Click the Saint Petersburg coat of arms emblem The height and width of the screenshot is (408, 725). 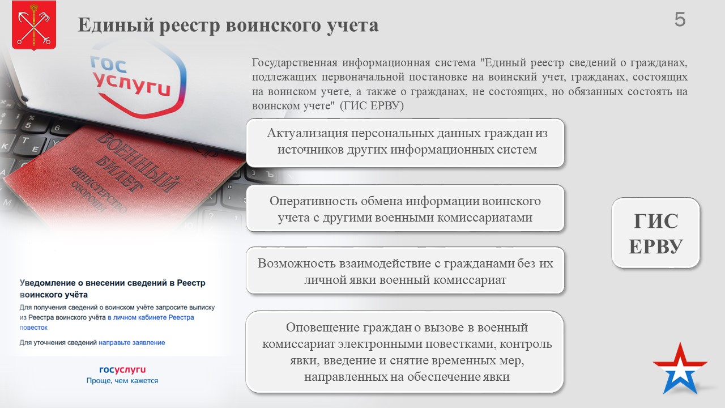point(34,25)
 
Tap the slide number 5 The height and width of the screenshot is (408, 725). point(680,20)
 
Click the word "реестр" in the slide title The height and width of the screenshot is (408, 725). point(189,25)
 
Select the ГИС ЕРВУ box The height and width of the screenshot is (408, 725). point(656,233)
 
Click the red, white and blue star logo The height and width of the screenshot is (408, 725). point(680,368)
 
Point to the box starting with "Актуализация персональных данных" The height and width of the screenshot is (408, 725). point(405,143)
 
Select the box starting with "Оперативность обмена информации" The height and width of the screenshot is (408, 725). point(405,208)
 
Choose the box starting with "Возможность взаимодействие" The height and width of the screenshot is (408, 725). point(405,271)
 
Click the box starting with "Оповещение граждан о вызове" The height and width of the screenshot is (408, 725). point(404,352)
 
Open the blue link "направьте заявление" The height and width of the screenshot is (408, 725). point(132,343)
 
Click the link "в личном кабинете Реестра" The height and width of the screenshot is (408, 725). point(151,317)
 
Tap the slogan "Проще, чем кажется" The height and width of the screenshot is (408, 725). point(122,381)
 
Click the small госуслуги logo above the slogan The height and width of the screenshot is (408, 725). point(122,370)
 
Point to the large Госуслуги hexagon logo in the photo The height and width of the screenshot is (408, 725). point(136,81)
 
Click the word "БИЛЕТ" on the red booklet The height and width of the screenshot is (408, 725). point(119,174)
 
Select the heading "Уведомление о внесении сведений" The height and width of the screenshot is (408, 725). point(112,288)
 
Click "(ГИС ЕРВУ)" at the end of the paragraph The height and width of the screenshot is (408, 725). point(372,106)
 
